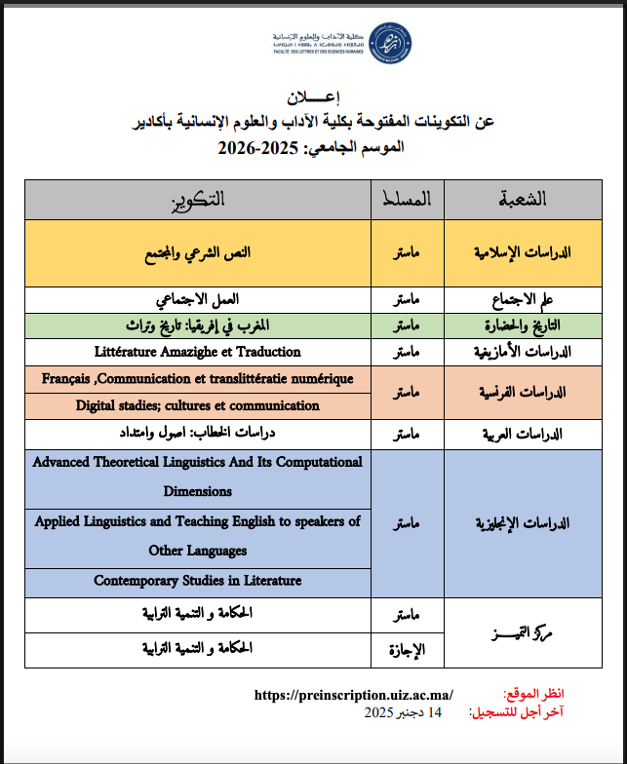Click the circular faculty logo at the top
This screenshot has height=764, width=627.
pos(390,43)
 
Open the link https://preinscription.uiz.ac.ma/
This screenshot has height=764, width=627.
pos(354,695)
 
